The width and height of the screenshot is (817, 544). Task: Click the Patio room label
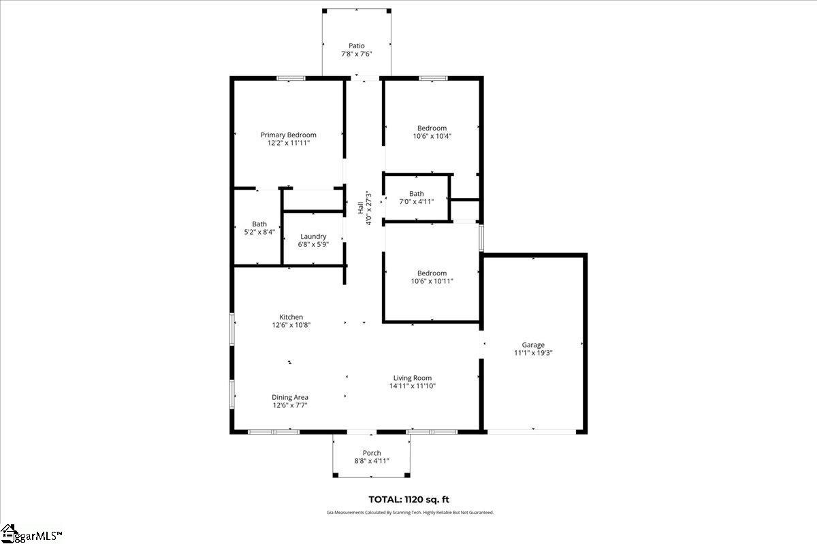[356, 46]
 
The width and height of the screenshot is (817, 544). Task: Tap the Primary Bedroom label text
[289, 135]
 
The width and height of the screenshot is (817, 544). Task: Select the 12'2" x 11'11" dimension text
[289, 143]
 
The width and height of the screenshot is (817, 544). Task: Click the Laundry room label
[313, 237]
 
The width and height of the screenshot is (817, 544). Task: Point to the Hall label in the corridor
[360, 208]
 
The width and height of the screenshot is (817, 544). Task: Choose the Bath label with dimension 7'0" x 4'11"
[417, 194]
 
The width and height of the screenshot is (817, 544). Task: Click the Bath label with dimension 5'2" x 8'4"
[259, 224]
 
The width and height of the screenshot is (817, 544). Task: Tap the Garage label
[533, 345]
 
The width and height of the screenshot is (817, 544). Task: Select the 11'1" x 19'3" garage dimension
[533, 353]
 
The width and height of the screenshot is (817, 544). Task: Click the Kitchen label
[291, 317]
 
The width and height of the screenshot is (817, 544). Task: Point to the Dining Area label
[290, 398]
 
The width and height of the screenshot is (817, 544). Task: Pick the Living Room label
[413, 378]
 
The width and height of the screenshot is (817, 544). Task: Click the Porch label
[372, 453]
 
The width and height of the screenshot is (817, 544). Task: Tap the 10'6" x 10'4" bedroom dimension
[432, 136]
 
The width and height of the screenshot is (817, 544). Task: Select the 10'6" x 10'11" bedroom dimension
[432, 282]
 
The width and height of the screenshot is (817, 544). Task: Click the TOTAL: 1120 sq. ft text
[409, 500]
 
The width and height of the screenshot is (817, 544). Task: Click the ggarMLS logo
[31, 534]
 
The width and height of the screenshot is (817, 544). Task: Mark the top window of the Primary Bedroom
[291, 78]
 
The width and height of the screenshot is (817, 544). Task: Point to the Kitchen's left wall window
[232, 329]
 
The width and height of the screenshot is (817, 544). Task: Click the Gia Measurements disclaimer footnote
[410, 513]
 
